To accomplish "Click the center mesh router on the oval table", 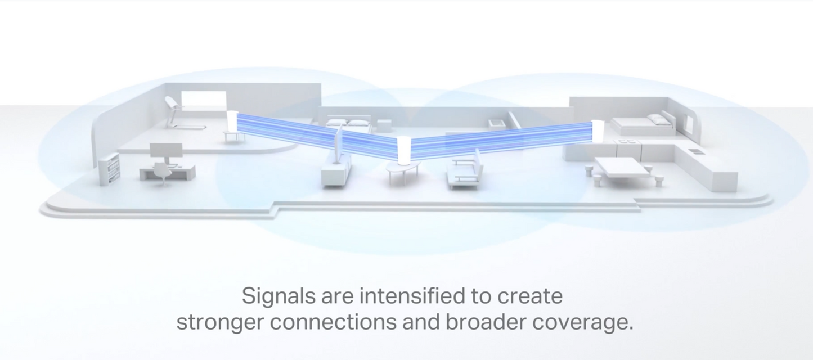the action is [403, 150].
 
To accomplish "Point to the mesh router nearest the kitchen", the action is [598, 131].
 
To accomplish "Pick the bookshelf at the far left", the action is [110, 169].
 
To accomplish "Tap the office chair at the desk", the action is [162, 173].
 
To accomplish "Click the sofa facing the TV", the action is [465, 169].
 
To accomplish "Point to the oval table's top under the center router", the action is [403, 166].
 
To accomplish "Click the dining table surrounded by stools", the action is [621, 168].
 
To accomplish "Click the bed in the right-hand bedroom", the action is [642, 124].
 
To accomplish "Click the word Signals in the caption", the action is [279, 296].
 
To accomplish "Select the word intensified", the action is [412, 295].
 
